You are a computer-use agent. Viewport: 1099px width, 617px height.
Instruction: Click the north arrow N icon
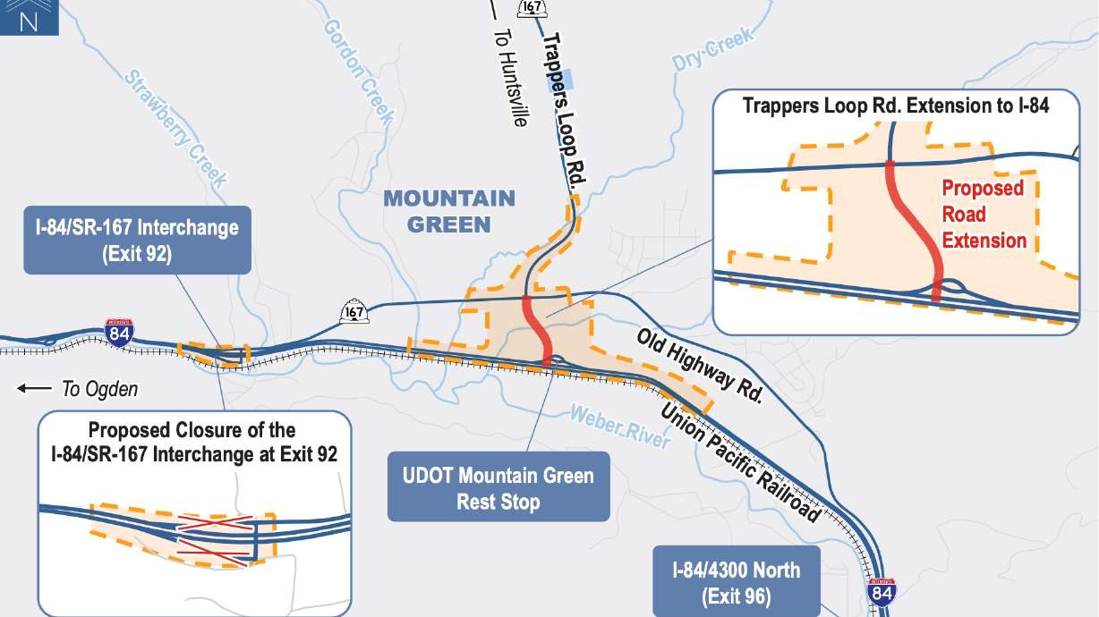[x=29, y=17]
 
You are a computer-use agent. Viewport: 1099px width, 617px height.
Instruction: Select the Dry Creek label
[x=712, y=50]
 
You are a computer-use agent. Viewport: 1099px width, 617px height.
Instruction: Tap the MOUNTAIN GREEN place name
[x=449, y=211]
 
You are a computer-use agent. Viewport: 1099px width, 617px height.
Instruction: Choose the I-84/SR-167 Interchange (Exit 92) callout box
[x=137, y=240]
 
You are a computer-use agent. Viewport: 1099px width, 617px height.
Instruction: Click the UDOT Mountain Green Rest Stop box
[x=498, y=487]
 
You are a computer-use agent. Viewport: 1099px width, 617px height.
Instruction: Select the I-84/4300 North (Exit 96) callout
[x=737, y=582]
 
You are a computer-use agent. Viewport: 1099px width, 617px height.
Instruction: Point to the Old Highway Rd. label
[x=699, y=367]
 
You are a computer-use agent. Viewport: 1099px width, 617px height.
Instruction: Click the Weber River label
[x=618, y=426]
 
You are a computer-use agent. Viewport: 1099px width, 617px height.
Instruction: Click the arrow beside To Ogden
[x=35, y=388]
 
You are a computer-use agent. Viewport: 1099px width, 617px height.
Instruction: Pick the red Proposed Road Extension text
[x=984, y=215]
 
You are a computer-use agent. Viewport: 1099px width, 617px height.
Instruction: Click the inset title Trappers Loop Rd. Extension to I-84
[x=896, y=106]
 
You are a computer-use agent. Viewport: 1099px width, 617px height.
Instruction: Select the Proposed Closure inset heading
[x=192, y=442]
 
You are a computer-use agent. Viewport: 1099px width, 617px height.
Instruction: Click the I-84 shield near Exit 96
[x=881, y=592]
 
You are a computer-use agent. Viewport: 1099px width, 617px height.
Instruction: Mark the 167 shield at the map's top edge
[x=531, y=8]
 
